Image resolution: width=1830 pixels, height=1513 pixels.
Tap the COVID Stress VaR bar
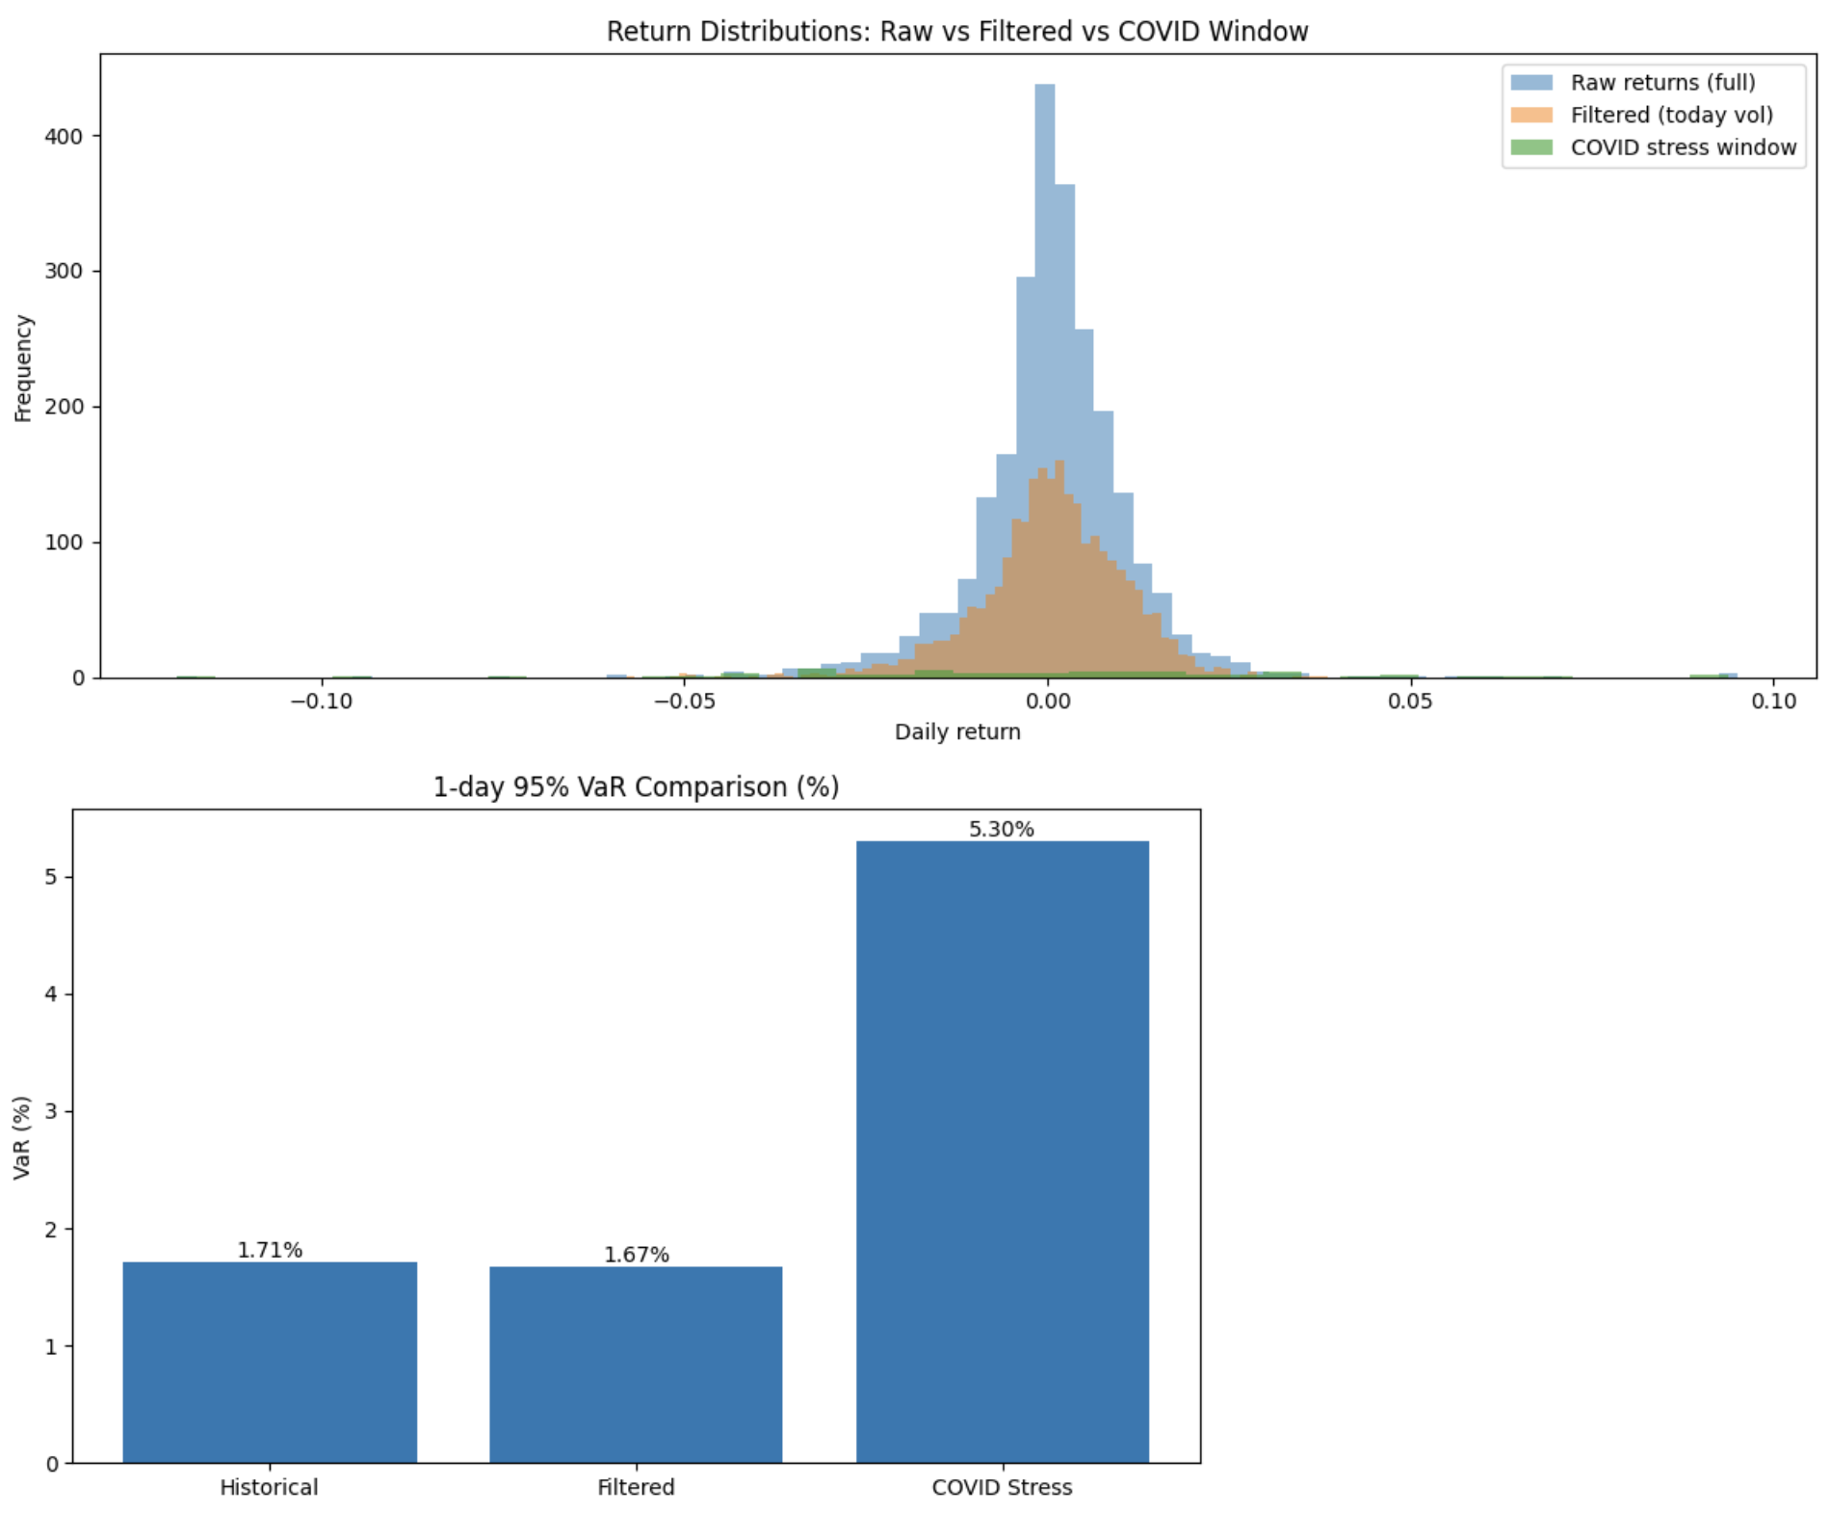click(1002, 1152)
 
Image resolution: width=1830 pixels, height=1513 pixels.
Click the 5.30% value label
click(1002, 829)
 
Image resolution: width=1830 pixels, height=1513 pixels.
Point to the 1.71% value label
click(270, 1250)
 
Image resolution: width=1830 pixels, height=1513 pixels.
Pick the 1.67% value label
click(636, 1255)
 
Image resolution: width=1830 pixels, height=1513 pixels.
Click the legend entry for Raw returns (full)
click(1662, 83)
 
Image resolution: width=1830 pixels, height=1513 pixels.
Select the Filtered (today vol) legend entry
click(1671, 116)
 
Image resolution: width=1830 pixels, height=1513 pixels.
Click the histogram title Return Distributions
click(956, 32)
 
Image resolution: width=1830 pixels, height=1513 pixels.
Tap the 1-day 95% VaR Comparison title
click(636, 787)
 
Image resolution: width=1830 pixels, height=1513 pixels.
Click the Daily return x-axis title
click(956, 731)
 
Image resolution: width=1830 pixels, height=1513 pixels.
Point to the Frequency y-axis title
click(23, 368)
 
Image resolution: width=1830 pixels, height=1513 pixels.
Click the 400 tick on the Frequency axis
click(64, 137)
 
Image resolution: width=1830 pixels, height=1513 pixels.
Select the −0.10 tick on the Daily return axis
click(322, 702)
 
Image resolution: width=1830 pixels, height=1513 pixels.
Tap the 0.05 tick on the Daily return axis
click(1410, 702)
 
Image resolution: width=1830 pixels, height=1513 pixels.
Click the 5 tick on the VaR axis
click(53, 877)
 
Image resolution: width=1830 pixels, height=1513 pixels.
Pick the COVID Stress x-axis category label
click(1002, 1487)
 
